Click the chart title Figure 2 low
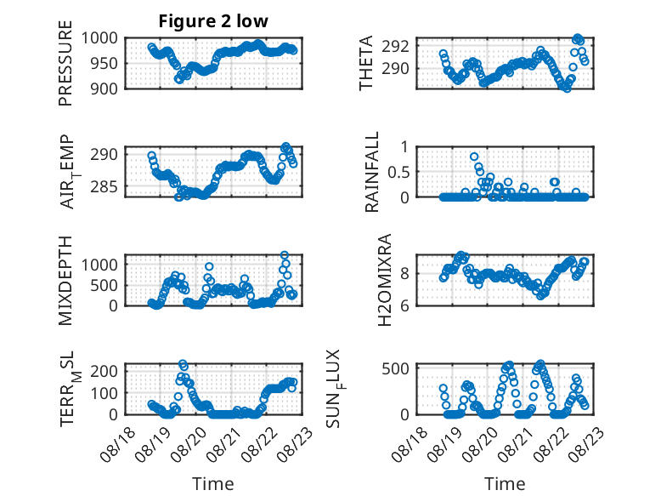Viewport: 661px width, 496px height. [213, 21]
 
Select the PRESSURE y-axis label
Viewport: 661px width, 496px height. [65, 63]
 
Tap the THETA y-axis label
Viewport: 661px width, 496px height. [366, 63]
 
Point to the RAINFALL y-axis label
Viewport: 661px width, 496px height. [372, 172]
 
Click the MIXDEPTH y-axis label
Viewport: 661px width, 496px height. [65, 281]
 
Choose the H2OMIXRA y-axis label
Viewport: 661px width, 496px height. [385, 280]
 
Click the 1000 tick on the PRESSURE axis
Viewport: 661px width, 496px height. [99, 38]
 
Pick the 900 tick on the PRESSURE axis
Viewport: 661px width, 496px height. [104, 88]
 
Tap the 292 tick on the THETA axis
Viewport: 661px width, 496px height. [395, 46]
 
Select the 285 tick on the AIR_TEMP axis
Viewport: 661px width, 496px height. [104, 186]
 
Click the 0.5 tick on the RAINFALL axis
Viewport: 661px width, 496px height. [398, 172]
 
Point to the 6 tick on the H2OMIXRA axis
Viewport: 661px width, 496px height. [404, 305]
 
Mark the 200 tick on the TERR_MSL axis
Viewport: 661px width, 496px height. [104, 371]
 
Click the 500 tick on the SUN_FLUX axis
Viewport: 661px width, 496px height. [395, 368]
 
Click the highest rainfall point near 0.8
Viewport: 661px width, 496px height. [474, 157]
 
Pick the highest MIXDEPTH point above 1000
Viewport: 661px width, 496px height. [285, 255]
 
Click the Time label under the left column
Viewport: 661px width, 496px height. [213, 483]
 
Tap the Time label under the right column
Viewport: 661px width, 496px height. [505, 483]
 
